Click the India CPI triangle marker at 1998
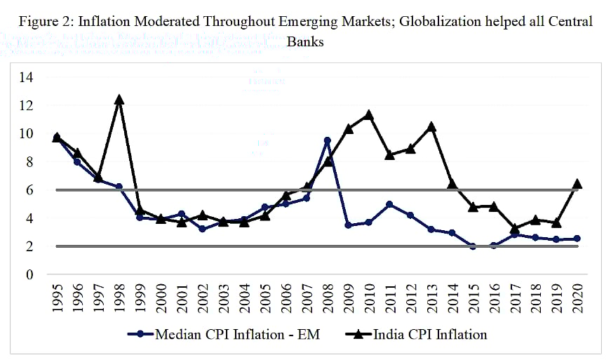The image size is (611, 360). pyautogui.click(x=119, y=100)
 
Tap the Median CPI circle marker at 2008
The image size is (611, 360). pyautogui.click(x=327, y=140)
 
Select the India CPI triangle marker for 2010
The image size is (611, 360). pyautogui.click(x=368, y=115)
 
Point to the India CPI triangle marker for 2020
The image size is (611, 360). pyautogui.click(x=576, y=184)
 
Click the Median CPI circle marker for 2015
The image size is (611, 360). pyautogui.click(x=472, y=246)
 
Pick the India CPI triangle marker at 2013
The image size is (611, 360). pyautogui.click(x=431, y=127)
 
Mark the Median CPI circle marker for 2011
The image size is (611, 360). pyautogui.click(x=389, y=204)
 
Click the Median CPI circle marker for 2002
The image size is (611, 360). pyautogui.click(x=202, y=229)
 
